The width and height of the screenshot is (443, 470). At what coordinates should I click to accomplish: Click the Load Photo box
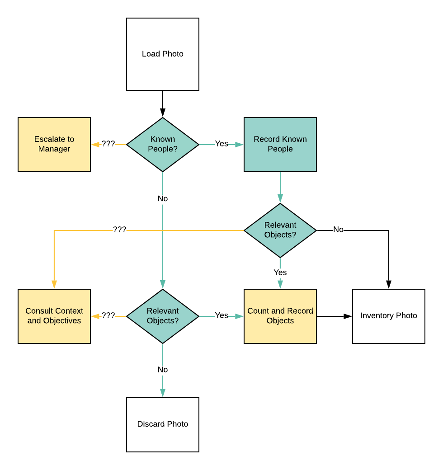pos(163,54)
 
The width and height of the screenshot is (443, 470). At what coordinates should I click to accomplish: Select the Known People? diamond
pos(163,144)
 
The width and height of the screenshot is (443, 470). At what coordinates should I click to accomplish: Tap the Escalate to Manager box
pos(54,145)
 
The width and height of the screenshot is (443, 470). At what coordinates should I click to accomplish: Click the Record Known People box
pos(280,145)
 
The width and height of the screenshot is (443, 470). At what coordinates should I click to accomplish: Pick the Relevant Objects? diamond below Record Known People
pos(280,230)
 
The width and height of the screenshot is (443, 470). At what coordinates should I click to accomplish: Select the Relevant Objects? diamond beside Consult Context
pos(163,316)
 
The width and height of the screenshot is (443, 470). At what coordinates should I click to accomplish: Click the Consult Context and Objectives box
pos(54,316)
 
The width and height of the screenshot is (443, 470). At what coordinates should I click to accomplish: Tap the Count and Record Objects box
pos(280,316)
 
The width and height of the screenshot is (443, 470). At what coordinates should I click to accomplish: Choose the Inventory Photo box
pos(389,316)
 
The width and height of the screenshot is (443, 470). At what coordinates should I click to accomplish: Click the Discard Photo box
pos(163,425)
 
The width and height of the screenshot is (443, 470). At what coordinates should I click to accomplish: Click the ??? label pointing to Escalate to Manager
pos(108,144)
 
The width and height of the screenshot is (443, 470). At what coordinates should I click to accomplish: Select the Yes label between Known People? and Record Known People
pos(221,144)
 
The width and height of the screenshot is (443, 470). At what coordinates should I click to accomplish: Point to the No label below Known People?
pos(163,199)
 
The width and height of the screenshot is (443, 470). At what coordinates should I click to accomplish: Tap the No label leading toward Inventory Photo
pos(338,230)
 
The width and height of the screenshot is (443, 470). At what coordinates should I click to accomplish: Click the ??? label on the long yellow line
pos(119,230)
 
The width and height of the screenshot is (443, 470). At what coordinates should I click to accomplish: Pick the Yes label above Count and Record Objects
pos(280,273)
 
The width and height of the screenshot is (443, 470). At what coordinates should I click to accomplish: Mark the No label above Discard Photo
pos(163,370)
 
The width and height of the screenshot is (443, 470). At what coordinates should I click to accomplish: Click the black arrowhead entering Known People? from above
pos(163,113)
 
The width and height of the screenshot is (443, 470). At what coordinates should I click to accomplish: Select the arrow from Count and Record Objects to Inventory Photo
pos(335,316)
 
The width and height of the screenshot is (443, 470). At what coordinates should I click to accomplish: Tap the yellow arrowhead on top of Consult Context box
pos(54,284)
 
